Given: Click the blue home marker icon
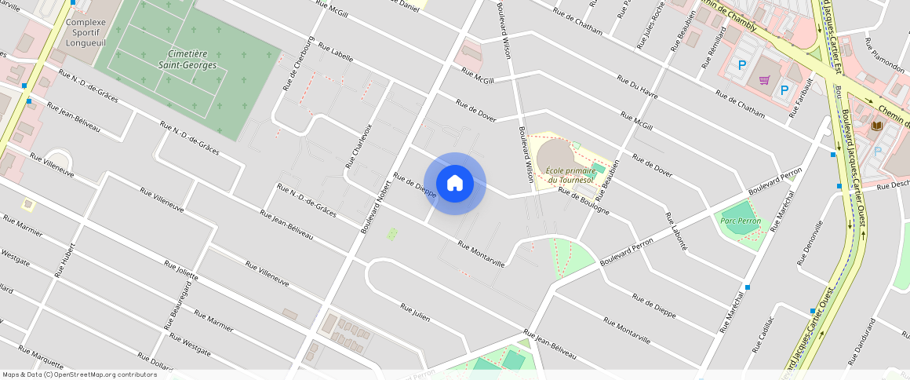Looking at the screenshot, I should [x=455, y=183].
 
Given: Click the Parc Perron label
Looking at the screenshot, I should [x=740, y=221].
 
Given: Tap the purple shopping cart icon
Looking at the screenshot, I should [x=764, y=80].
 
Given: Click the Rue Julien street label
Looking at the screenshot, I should [x=415, y=311].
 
